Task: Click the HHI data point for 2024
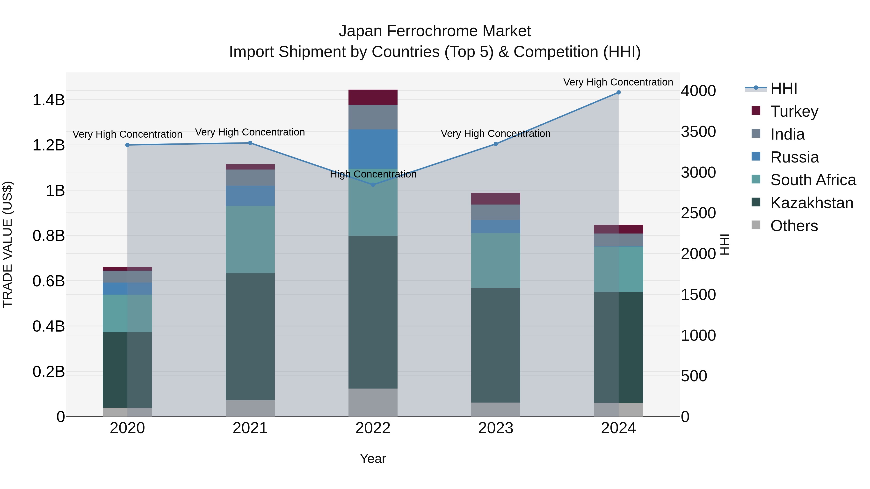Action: coord(618,92)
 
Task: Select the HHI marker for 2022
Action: coord(373,184)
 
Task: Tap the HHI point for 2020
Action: coord(127,145)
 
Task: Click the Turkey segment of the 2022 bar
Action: coord(373,97)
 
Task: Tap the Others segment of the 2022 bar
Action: coord(373,402)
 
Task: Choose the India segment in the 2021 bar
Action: coord(250,177)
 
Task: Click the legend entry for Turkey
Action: coord(794,111)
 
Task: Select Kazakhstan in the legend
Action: coord(812,203)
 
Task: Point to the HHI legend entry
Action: coord(783,88)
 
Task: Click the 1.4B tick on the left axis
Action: coord(49,100)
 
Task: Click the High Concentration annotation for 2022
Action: coord(373,174)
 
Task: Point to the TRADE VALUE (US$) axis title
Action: coord(8,244)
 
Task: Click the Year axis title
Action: coord(373,459)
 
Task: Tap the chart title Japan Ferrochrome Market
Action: coord(435,31)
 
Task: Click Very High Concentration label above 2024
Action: coord(618,82)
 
